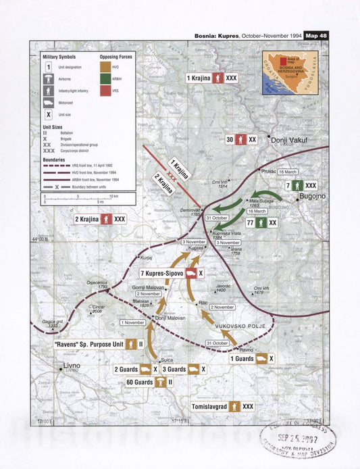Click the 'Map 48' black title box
click(316, 36)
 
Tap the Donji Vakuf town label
click(288, 142)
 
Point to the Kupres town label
click(196, 249)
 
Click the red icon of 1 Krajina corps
click(218, 78)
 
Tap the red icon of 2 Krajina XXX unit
click(106, 219)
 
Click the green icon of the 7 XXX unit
click(299, 184)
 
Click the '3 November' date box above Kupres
click(194, 241)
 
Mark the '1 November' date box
click(132, 322)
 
